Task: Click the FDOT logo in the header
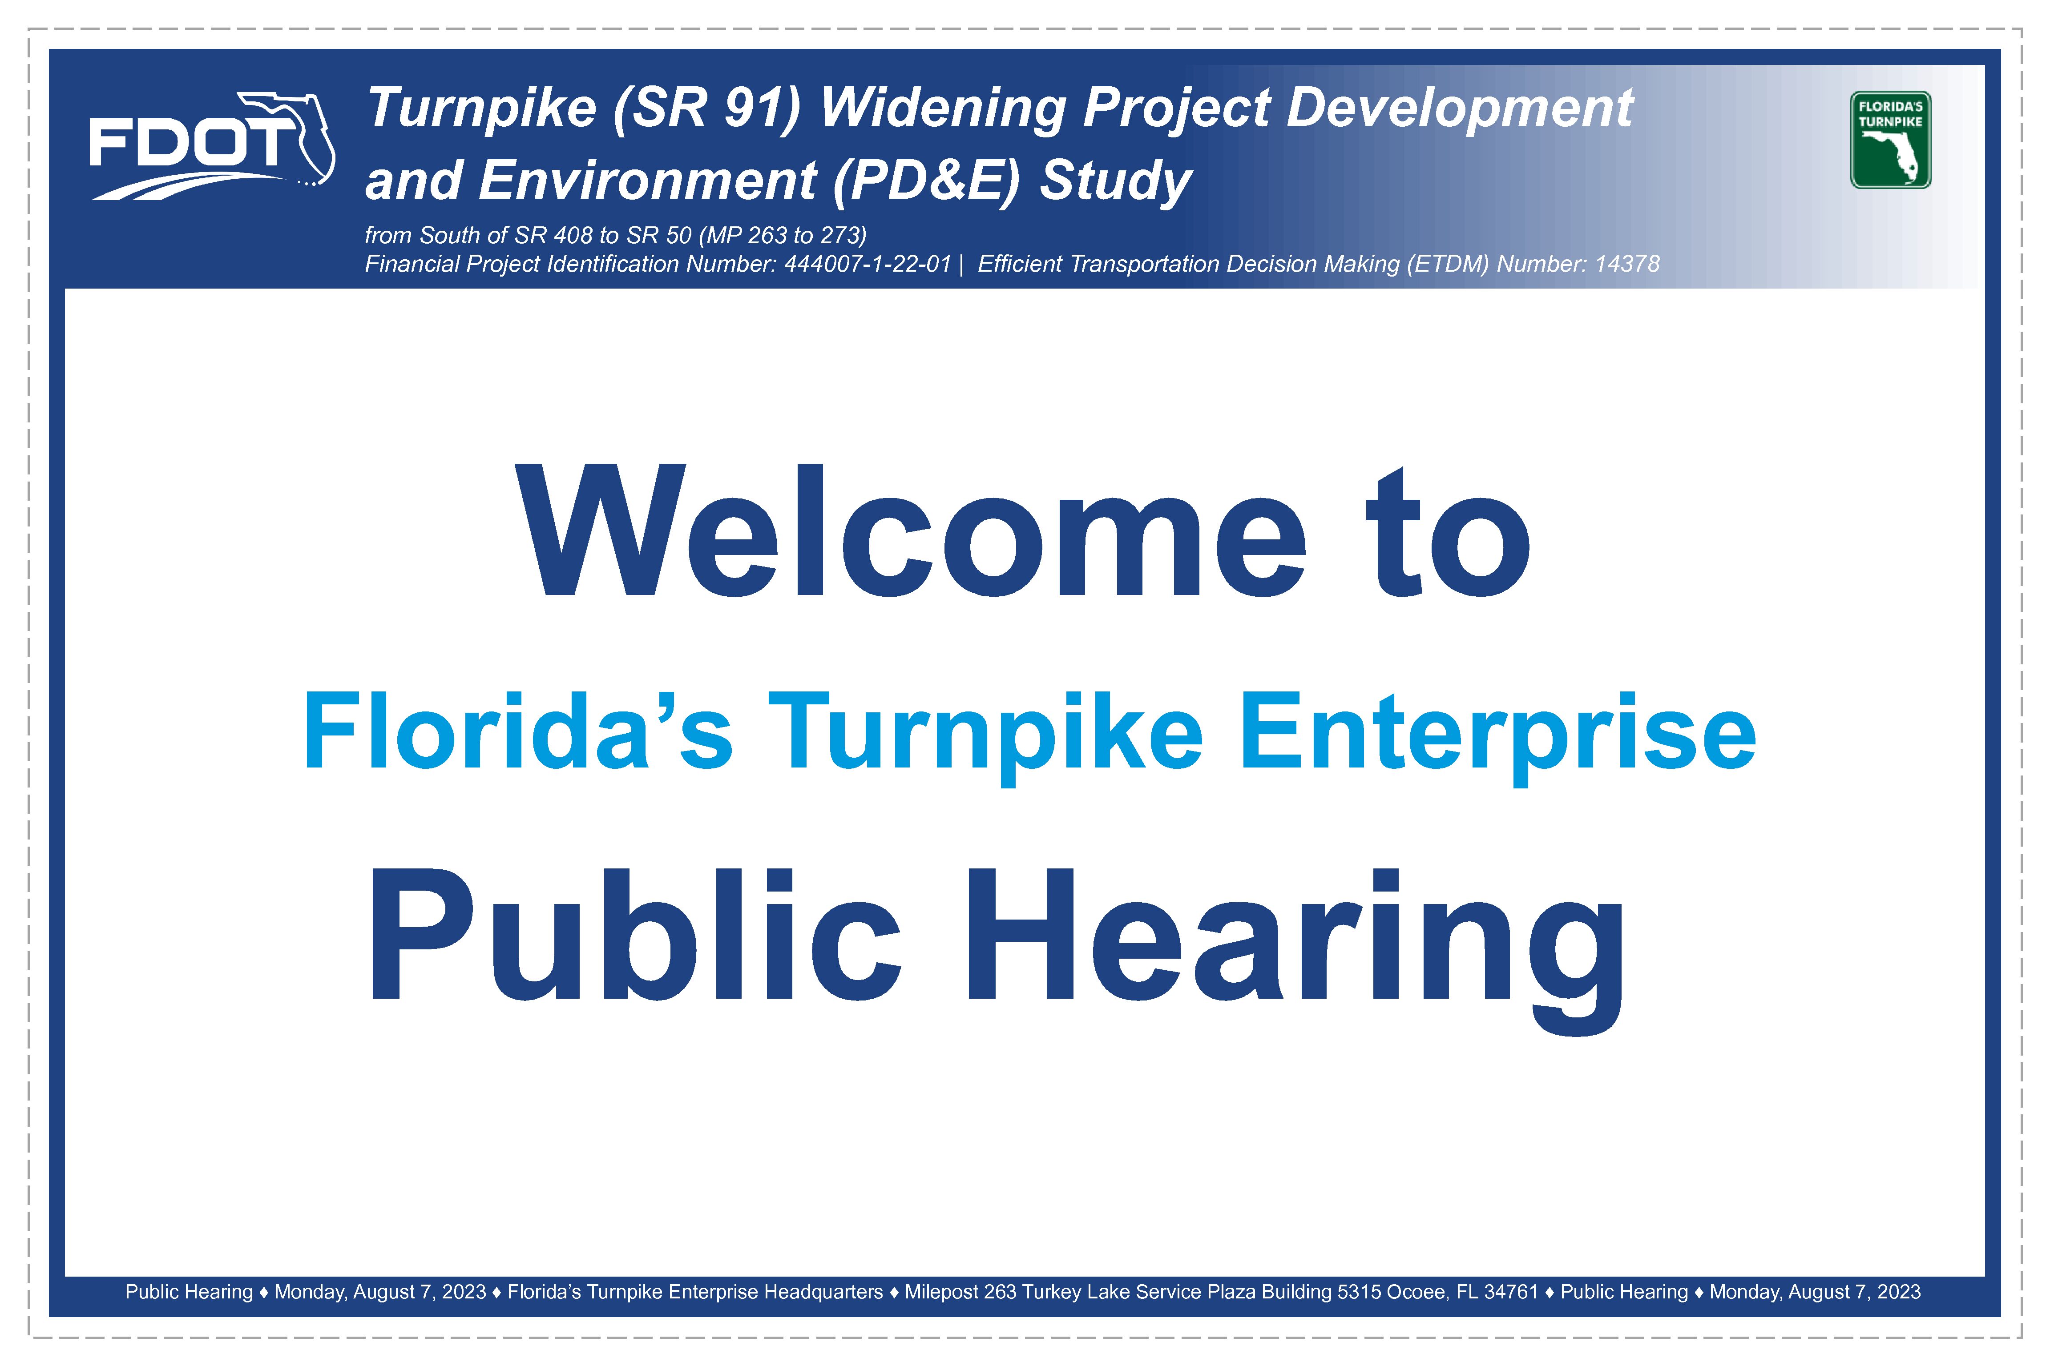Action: (212, 145)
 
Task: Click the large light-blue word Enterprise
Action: (1497, 737)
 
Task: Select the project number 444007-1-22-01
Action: (867, 264)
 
